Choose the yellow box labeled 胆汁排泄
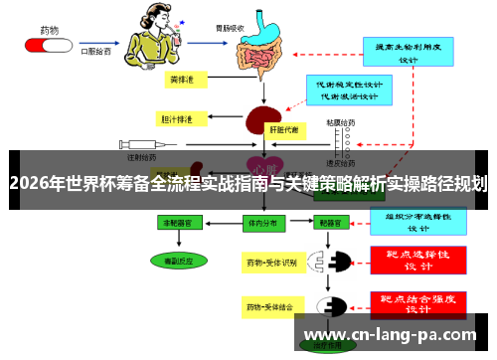[181, 118]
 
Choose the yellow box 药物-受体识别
[270, 264]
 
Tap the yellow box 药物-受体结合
[270, 309]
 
